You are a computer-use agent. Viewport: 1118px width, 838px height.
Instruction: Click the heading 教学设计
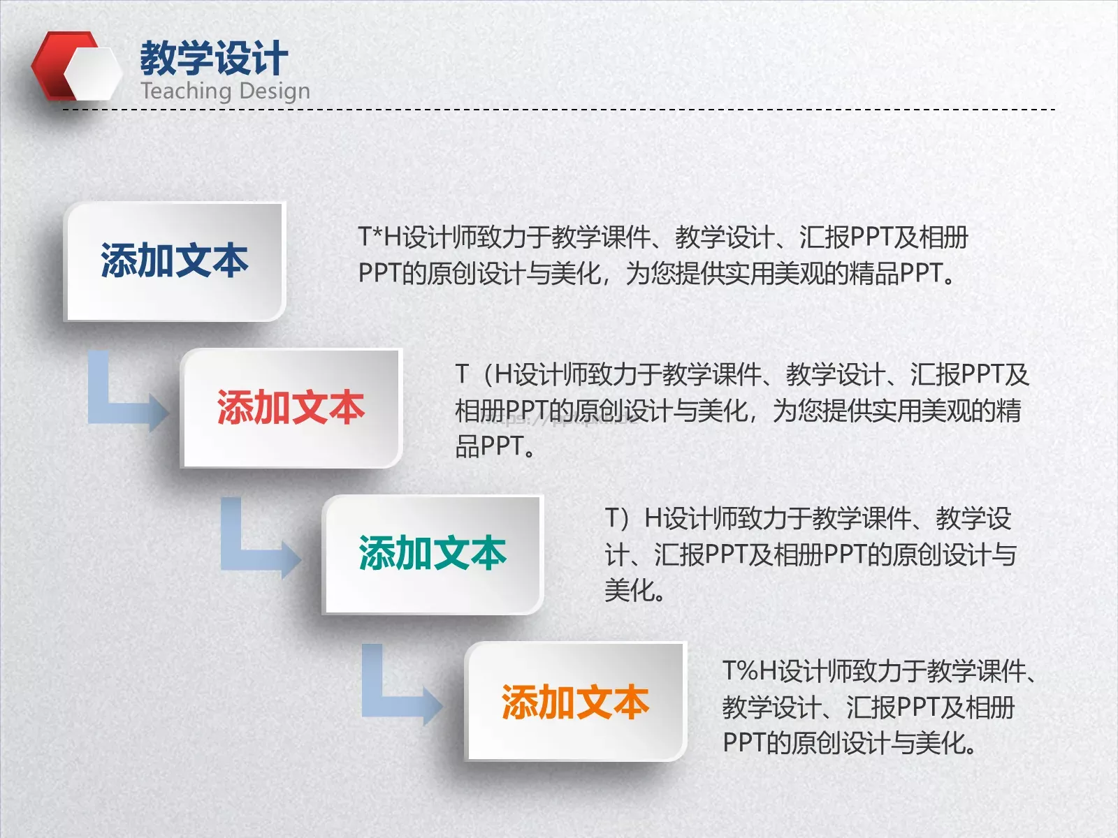pyautogui.click(x=214, y=57)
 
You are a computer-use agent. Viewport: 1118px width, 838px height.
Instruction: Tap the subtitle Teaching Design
pyautogui.click(x=225, y=91)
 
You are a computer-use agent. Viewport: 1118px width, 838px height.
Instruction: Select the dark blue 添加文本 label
pyautogui.click(x=175, y=261)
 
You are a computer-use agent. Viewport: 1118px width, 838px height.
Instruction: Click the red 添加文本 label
pyautogui.click(x=291, y=408)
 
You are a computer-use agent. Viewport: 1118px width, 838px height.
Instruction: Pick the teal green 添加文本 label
pyautogui.click(x=433, y=554)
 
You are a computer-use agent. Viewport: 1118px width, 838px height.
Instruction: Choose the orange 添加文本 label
pyautogui.click(x=575, y=702)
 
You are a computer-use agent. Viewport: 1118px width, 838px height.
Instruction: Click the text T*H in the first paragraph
pyautogui.click(x=381, y=237)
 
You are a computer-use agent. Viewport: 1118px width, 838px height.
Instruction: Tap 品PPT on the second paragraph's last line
pyautogui.click(x=489, y=446)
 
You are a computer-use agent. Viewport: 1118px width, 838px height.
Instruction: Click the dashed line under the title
pyautogui.click(x=559, y=110)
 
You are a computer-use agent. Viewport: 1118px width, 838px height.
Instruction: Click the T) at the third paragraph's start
pyautogui.click(x=618, y=518)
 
